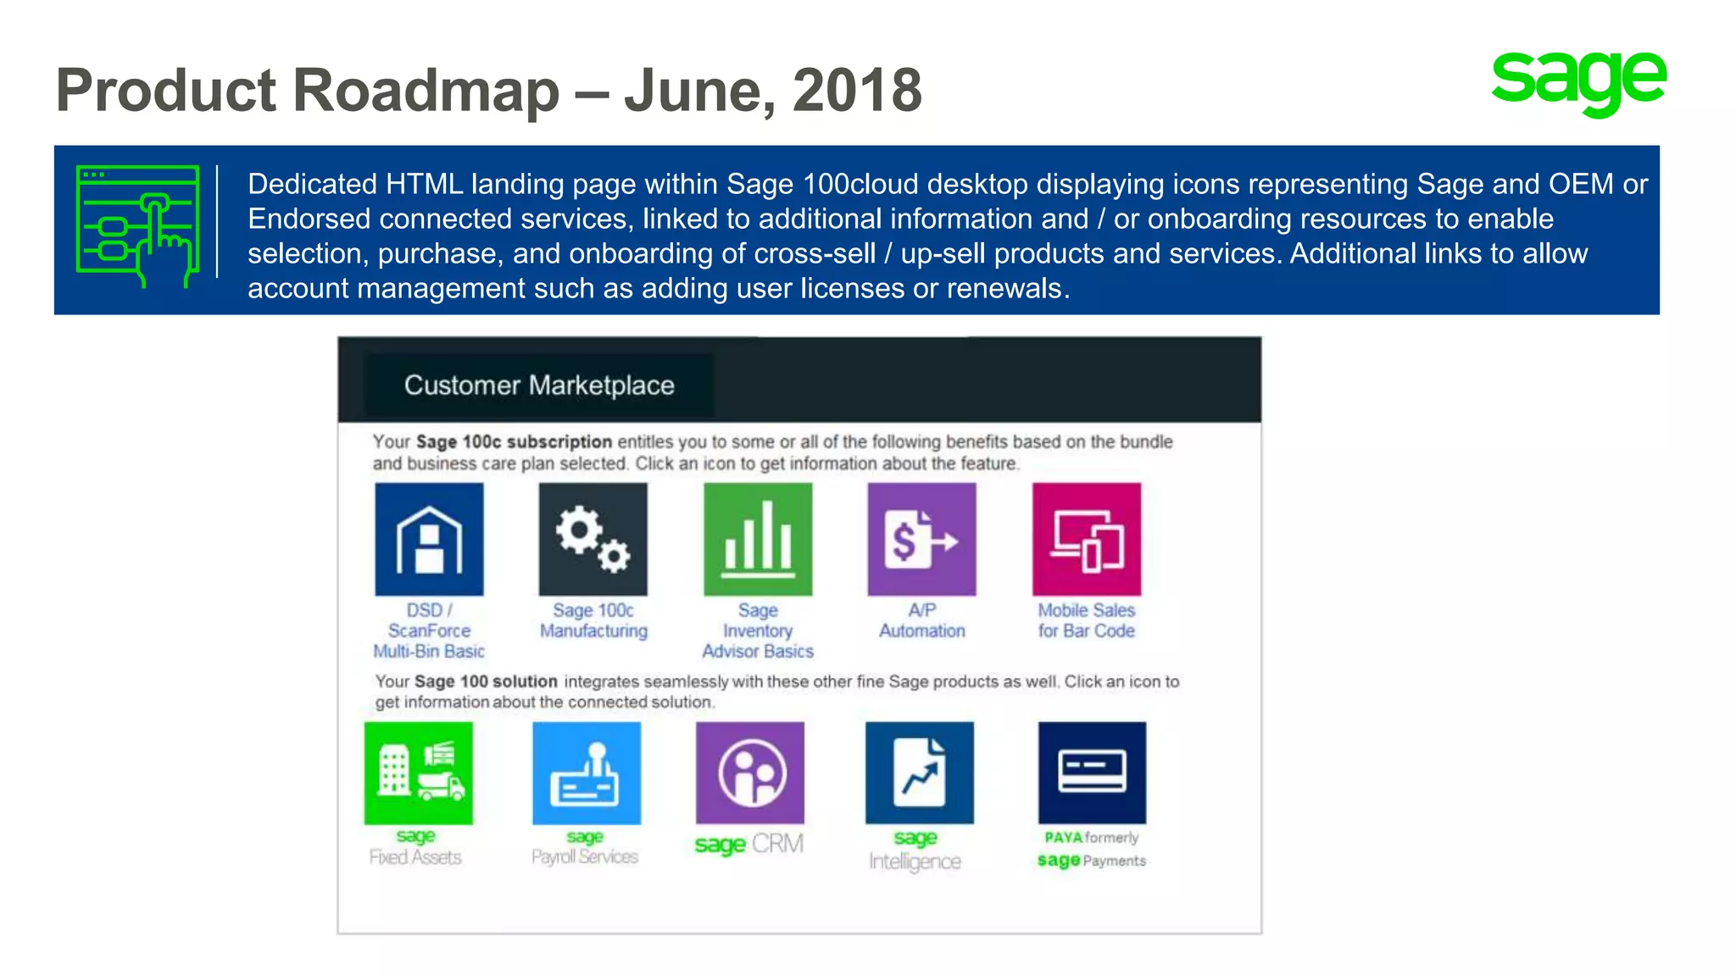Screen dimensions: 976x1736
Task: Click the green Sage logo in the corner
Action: pyautogui.click(x=1578, y=82)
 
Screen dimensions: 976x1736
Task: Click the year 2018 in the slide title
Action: pyautogui.click(x=857, y=90)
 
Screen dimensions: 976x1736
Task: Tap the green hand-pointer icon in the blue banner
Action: pyautogui.click(x=138, y=227)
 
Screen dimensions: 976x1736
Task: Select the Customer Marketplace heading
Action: pyautogui.click(x=539, y=385)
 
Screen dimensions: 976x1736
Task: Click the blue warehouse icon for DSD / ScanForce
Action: pyautogui.click(x=429, y=540)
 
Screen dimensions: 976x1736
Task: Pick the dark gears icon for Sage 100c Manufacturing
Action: pyautogui.click(x=593, y=540)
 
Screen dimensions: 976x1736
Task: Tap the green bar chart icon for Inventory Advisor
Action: pyautogui.click(x=758, y=540)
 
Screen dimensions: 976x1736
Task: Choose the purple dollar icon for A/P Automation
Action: pyautogui.click(x=921, y=540)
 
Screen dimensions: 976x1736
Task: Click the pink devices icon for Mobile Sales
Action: pyautogui.click(x=1087, y=540)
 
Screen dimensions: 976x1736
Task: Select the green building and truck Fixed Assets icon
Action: pyautogui.click(x=418, y=773)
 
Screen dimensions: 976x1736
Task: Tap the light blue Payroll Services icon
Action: pyautogui.click(x=587, y=773)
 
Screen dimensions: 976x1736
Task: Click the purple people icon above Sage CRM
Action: pyautogui.click(x=750, y=773)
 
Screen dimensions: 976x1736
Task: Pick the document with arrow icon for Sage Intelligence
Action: pyautogui.click(x=920, y=773)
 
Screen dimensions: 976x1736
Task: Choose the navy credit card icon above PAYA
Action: pyautogui.click(x=1092, y=773)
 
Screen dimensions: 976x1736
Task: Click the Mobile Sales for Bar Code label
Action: pyautogui.click(x=1087, y=620)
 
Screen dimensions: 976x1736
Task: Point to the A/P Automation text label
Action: pyautogui.click(x=921, y=620)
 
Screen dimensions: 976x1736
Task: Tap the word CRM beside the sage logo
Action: pyautogui.click(x=777, y=844)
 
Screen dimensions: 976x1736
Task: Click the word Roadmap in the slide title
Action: pyautogui.click(x=426, y=90)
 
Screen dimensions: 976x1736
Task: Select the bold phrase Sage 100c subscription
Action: pyautogui.click(x=514, y=441)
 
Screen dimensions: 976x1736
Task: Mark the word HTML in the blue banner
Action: pyautogui.click(x=424, y=184)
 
